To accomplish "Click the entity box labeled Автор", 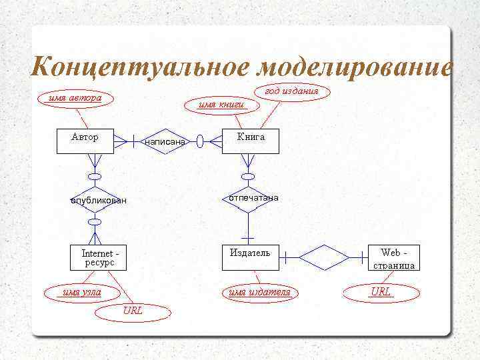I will (85, 141).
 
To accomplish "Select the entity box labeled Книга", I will (251, 141).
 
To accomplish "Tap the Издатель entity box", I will (250, 257).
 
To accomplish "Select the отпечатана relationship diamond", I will (249, 199).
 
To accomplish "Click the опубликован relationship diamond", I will (97, 200).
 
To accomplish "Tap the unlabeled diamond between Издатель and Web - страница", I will (324, 255).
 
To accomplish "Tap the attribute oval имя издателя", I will (259, 292).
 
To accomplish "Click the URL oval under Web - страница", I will (381, 292).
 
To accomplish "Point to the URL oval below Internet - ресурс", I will (132, 311).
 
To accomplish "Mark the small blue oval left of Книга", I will (199, 141).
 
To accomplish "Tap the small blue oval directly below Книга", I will (248, 177).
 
